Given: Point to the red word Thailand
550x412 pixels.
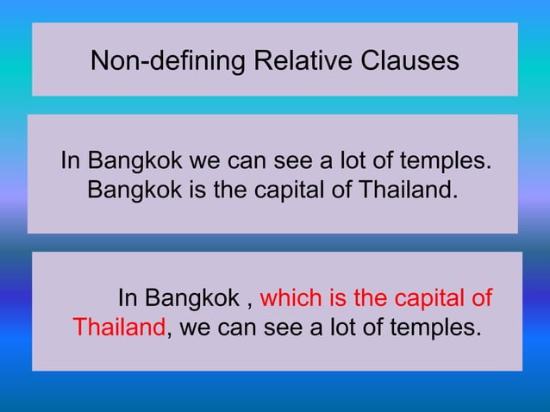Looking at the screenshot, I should click(118, 328).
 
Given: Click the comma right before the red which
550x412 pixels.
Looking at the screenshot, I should click(250, 303).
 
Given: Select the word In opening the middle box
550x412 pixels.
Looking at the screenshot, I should click(68, 161).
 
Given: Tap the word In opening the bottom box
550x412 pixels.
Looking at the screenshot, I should click(127, 299).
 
